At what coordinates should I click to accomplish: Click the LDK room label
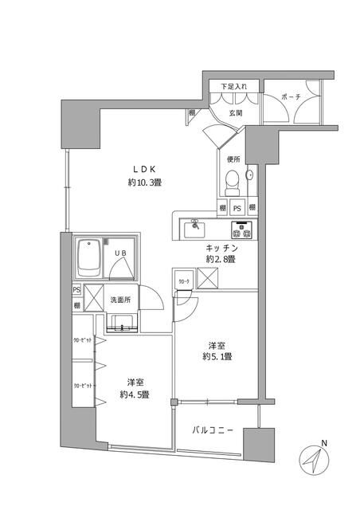(144, 168)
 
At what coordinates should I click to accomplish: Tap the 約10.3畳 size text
(144, 182)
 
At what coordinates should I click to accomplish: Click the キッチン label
(220, 248)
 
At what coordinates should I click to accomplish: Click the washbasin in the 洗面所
(121, 322)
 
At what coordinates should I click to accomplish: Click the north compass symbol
(315, 461)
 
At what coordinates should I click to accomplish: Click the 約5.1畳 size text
(215, 356)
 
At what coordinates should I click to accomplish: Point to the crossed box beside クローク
(209, 280)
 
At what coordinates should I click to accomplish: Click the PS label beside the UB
(76, 291)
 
